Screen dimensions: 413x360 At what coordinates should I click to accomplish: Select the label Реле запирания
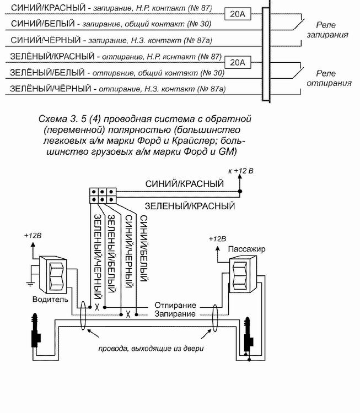(x=327, y=30)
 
